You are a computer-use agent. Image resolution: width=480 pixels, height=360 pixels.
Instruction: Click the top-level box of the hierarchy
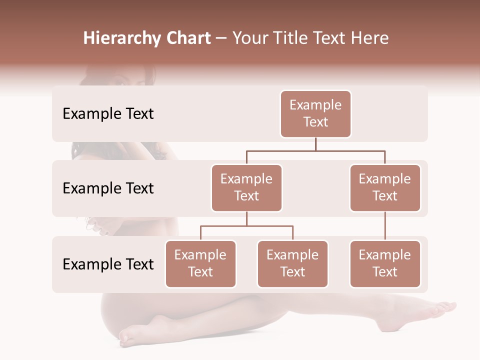pyautogui.click(x=315, y=114)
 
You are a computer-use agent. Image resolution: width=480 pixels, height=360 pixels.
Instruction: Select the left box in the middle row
pyautogui.click(x=246, y=188)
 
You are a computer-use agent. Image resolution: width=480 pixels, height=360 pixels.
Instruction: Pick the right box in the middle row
pyautogui.click(x=385, y=188)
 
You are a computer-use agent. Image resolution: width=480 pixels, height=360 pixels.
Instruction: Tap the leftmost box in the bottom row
pyautogui.click(x=200, y=264)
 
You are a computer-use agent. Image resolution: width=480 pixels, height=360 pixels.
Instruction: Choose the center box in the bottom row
pyautogui.click(x=292, y=264)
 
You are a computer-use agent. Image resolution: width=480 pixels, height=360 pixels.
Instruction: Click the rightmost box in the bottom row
pyautogui.click(x=385, y=264)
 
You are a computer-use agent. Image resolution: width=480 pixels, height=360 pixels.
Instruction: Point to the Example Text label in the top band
pyautogui.click(x=108, y=114)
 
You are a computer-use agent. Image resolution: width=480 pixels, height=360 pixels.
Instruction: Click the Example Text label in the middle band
pyautogui.click(x=108, y=188)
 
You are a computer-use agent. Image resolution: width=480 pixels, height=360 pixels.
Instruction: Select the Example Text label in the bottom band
pyautogui.click(x=108, y=264)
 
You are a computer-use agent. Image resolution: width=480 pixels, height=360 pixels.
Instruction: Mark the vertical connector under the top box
pyautogui.click(x=315, y=144)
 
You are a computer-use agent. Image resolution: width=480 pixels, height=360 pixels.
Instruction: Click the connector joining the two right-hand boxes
pyautogui.click(x=385, y=226)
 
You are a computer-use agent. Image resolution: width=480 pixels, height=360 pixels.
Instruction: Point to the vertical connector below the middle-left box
pyautogui.click(x=246, y=219)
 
